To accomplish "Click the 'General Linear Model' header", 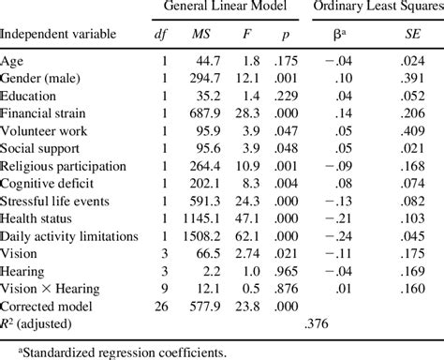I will (224, 7).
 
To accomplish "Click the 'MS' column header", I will (200, 35).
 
